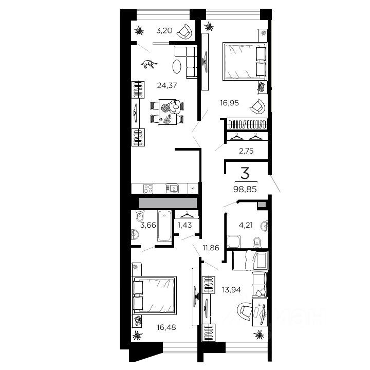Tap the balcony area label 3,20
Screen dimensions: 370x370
click(164, 30)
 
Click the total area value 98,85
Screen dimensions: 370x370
click(245, 189)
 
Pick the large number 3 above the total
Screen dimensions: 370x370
click(245, 172)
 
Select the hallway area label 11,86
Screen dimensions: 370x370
click(211, 248)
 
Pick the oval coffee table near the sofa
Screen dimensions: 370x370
click(176, 66)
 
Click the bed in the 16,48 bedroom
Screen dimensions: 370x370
click(155, 294)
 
